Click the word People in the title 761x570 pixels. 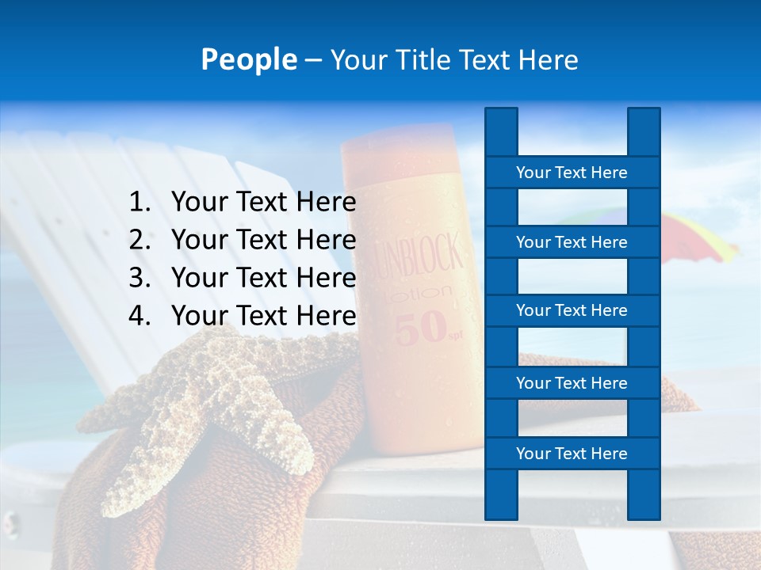click(x=248, y=59)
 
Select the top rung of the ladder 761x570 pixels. click(x=572, y=173)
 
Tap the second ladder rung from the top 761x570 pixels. click(x=572, y=242)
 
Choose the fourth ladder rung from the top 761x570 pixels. click(x=572, y=383)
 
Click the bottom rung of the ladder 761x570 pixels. click(x=572, y=454)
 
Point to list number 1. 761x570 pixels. click(x=140, y=203)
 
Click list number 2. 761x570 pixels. click(x=140, y=240)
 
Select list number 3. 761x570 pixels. click(x=140, y=278)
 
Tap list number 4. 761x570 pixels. click(x=140, y=316)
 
